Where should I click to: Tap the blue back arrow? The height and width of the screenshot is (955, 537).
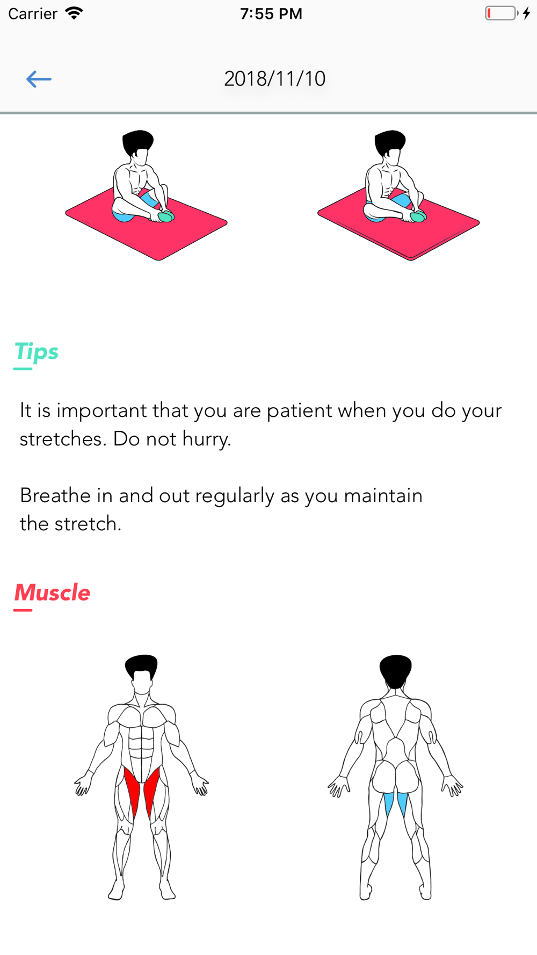tap(39, 79)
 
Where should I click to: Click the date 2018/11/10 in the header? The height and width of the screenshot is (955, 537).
tap(274, 79)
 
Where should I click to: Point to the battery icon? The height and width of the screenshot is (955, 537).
tap(502, 13)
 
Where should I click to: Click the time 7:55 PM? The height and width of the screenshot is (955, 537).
tap(271, 13)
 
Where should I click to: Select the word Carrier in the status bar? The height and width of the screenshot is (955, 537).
tap(33, 13)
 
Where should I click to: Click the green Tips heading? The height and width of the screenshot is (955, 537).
tap(36, 352)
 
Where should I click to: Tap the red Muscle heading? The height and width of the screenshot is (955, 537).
tap(52, 592)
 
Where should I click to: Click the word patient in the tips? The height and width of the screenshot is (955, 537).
tap(299, 410)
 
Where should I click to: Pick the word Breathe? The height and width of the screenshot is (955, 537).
tap(55, 495)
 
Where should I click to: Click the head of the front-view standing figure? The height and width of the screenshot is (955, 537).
tap(142, 675)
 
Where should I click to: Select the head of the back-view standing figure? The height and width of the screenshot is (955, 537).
tap(396, 671)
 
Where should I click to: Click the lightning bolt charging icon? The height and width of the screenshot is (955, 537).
tap(527, 13)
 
